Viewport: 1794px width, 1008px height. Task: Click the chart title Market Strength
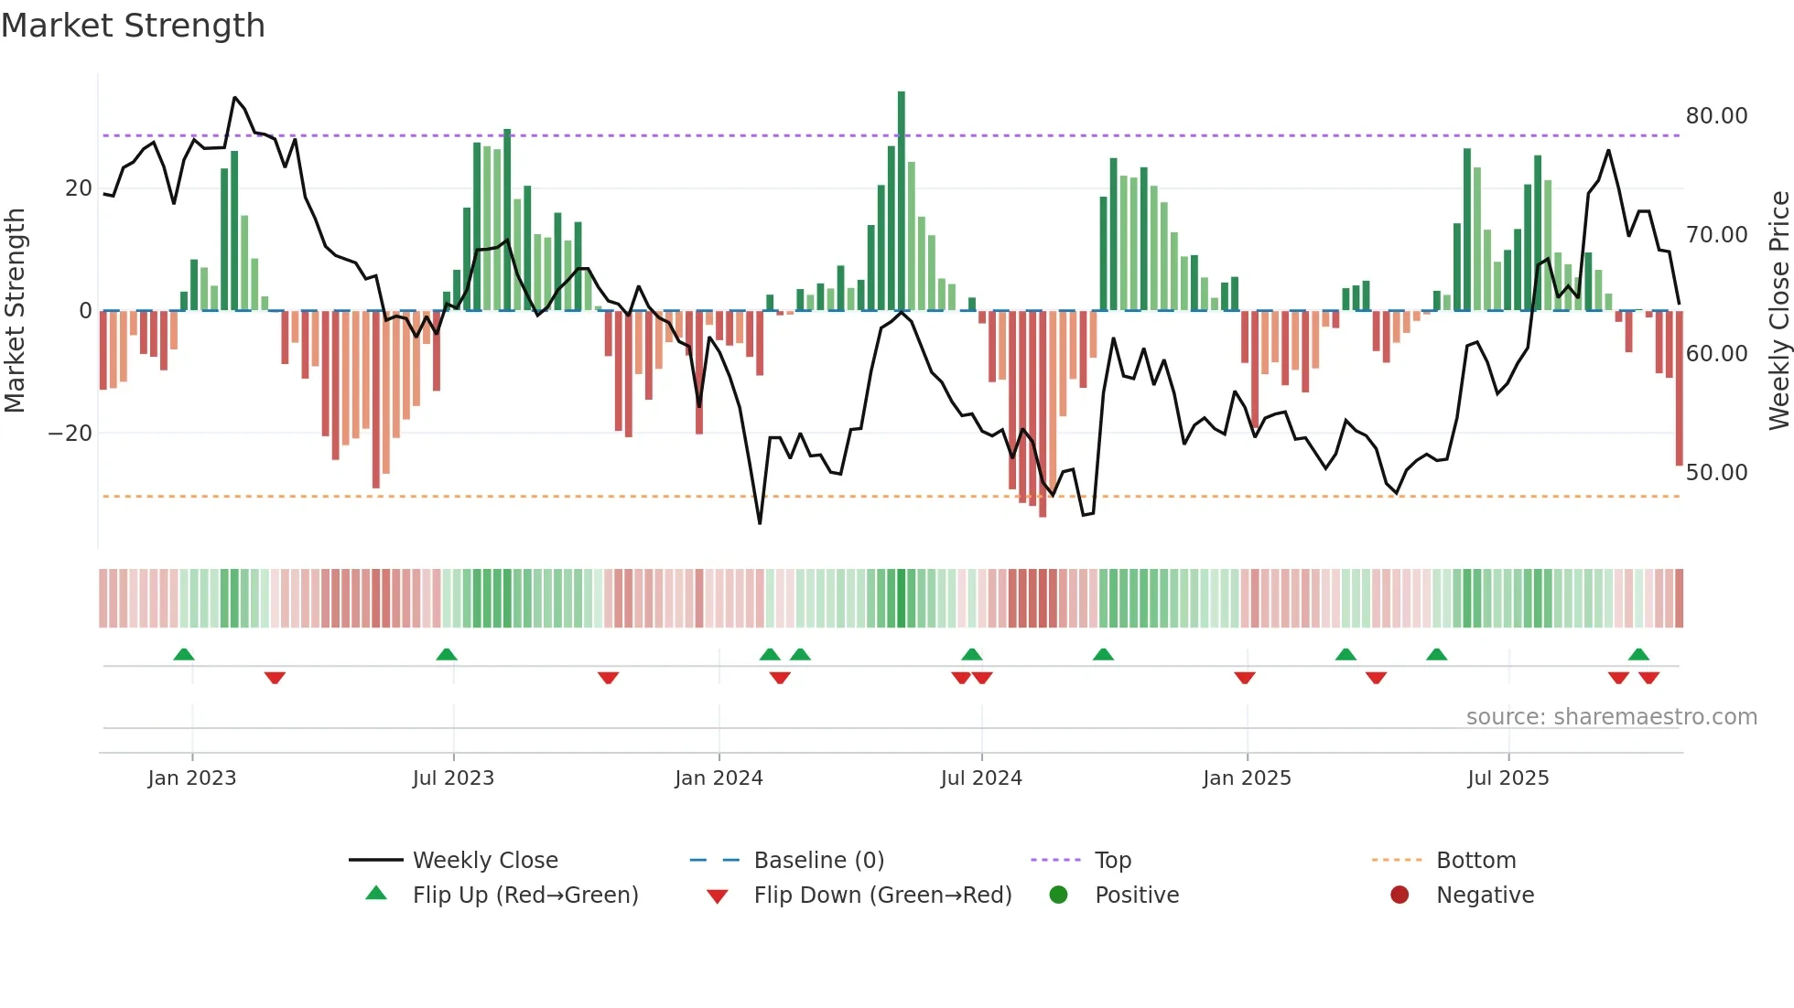(133, 26)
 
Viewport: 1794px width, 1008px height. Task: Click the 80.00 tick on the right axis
(1716, 116)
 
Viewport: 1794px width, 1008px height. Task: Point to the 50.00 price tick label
(1716, 473)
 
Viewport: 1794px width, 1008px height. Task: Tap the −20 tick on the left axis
(70, 434)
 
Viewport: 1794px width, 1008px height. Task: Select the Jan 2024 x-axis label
(719, 778)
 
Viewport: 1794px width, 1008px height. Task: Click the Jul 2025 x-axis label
(1508, 778)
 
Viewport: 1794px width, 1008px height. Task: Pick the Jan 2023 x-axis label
(191, 778)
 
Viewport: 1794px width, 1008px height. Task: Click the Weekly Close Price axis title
(1778, 311)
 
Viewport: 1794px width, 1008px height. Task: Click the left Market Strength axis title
(15, 311)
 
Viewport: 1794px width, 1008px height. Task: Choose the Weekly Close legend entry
(484, 861)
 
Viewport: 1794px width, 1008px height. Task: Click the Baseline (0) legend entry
(818, 861)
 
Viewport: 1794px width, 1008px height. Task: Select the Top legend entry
(1112, 861)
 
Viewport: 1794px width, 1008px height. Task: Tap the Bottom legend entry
(1475, 861)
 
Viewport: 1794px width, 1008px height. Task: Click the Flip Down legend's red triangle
(718, 896)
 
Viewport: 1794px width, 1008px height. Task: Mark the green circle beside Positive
(1058, 895)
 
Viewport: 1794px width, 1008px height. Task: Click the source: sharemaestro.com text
(1611, 717)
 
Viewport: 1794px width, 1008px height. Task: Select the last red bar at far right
(1679, 389)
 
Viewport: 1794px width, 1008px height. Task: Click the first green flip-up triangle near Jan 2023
(184, 654)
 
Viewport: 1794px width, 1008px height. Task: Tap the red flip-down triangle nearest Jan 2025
(1244, 678)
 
